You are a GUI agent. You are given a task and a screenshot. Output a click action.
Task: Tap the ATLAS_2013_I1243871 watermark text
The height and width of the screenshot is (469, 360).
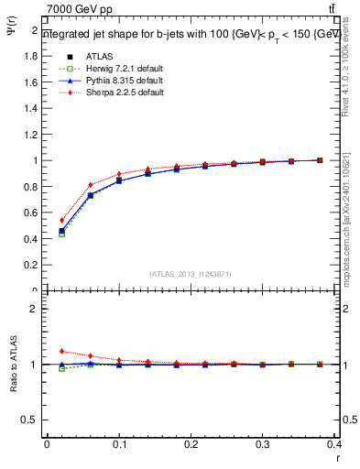[191, 274]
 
